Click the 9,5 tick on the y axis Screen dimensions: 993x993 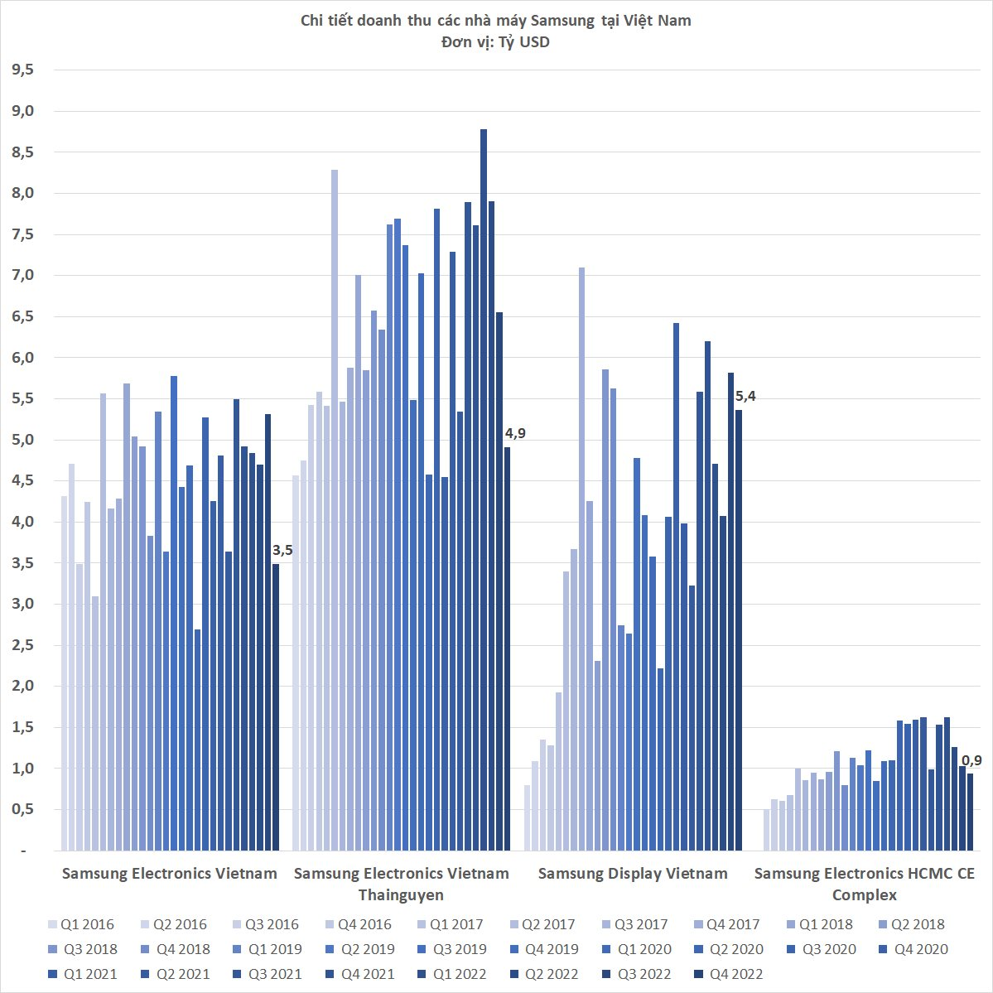(22, 70)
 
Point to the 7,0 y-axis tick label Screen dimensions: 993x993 (22, 275)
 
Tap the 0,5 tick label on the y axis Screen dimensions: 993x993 (22, 809)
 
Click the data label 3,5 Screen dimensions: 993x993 (282, 551)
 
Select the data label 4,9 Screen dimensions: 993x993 (515, 433)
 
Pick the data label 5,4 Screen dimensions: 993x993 (745, 397)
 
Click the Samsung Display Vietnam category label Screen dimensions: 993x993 (633, 874)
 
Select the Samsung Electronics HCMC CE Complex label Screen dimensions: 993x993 (864, 884)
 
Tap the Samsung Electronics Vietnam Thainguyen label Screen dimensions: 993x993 (401, 884)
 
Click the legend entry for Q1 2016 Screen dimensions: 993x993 (80, 925)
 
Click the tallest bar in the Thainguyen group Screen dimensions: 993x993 (484, 489)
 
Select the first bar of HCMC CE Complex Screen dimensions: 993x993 (767, 830)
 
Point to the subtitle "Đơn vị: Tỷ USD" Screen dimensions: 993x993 (495, 42)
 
